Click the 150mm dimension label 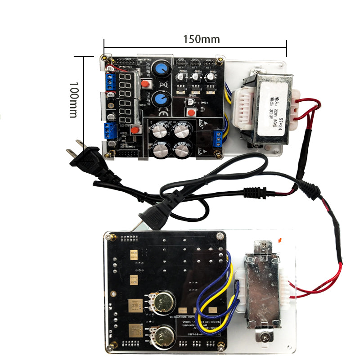tap(201, 40)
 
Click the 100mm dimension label tap(74, 100)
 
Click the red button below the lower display tap(135, 130)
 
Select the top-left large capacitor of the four tap(161, 131)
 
